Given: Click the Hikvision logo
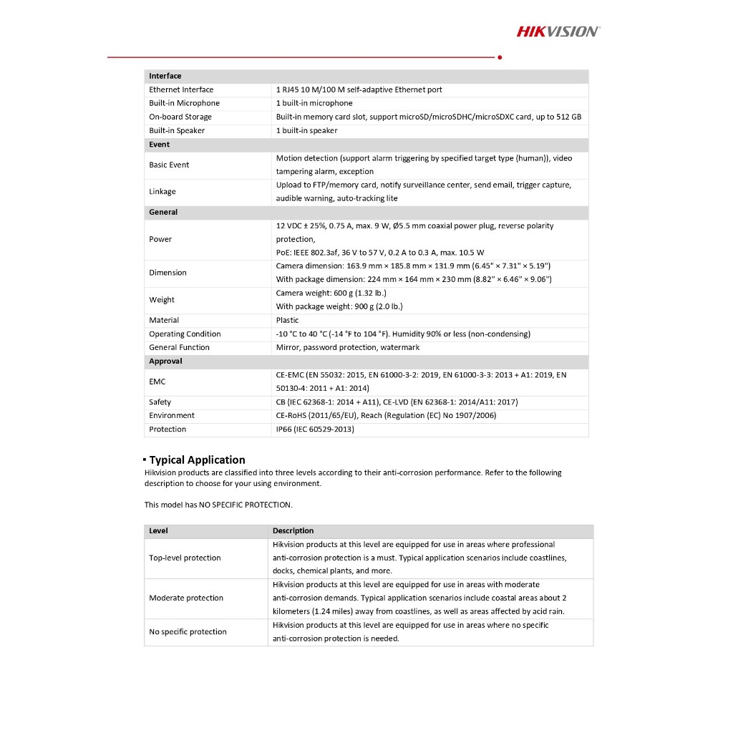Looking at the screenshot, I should click(558, 31).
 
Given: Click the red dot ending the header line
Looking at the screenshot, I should click(499, 57).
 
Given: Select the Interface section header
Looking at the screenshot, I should click(165, 76).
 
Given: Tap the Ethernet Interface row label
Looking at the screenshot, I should click(181, 89).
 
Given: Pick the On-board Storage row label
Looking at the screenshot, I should click(180, 117).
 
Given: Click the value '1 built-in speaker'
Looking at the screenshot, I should click(306, 130).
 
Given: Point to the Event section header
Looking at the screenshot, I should click(160, 144).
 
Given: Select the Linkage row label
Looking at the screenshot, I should click(162, 191).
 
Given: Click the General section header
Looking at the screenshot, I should click(163, 212).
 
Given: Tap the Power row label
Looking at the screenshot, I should click(160, 239).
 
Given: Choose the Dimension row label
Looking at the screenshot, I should click(168, 273).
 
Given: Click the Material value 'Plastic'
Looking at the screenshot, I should click(288, 320).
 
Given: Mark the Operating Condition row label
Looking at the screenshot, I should click(185, 334).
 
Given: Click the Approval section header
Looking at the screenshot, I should click(165, 361).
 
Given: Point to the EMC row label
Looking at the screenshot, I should click(157, 382).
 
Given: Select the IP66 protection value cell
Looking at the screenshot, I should click(315, 429).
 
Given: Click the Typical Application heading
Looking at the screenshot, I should click(197, 460).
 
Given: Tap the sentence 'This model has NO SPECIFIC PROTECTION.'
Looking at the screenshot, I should click(218, 505).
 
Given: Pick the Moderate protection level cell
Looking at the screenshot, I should click(186, 598).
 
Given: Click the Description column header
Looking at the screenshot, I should click(293, 530).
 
